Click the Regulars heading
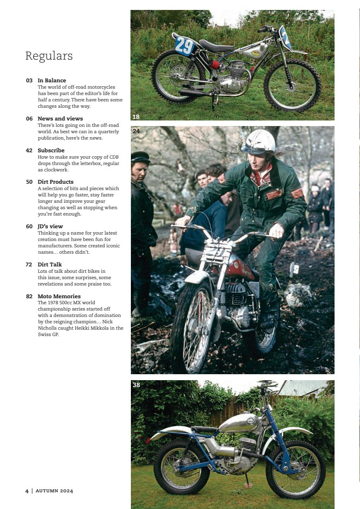pyautogui.click(x=49, y=56)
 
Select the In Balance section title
pyautogui.click(x=52, y=80)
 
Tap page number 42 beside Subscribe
pyautogui.click(x=29, y=150)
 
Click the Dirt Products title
pyautogui.click(x=55, y=182)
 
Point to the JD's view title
pyautogui.click(x=50, y=226)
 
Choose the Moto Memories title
pyautogui.click(x=59, y=296)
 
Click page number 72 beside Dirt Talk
pyautogui.click(x=29, y=264)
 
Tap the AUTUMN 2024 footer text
pyautogui.click(x=54, y=491)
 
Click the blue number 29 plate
pyautogui.click(x=184, y=45)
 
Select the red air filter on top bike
pyautogui.click(x=214, y=64)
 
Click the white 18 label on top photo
pyautogui.click(x=136, y=117)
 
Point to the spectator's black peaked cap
pyautogui.click(x=140, y=157)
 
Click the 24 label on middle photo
pyautogui.click(x=136, y=131)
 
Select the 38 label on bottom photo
pyautogui.click(x=136, y=385)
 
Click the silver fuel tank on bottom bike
pyautogui.click(x=239, y=423)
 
